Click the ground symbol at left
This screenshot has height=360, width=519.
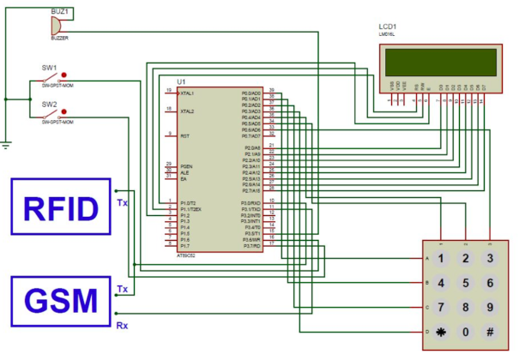pos(7,144)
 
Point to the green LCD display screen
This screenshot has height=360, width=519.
pos(438,62)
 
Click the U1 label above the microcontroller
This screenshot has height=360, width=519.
pos(181,81)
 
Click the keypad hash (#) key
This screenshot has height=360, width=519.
pos(490,331)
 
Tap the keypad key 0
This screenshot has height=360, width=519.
pos(466,331)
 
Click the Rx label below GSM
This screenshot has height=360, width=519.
pos(122,326)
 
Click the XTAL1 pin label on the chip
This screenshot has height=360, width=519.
pos(186,93)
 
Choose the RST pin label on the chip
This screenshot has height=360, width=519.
pos(184,135)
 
